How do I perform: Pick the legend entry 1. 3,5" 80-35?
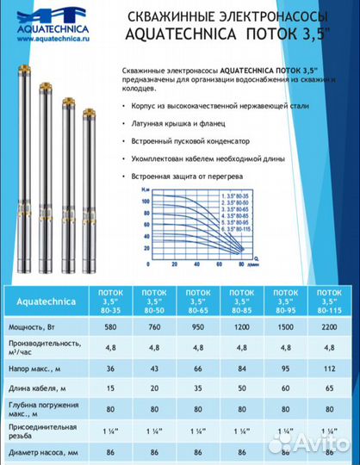(x=245, y=197)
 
